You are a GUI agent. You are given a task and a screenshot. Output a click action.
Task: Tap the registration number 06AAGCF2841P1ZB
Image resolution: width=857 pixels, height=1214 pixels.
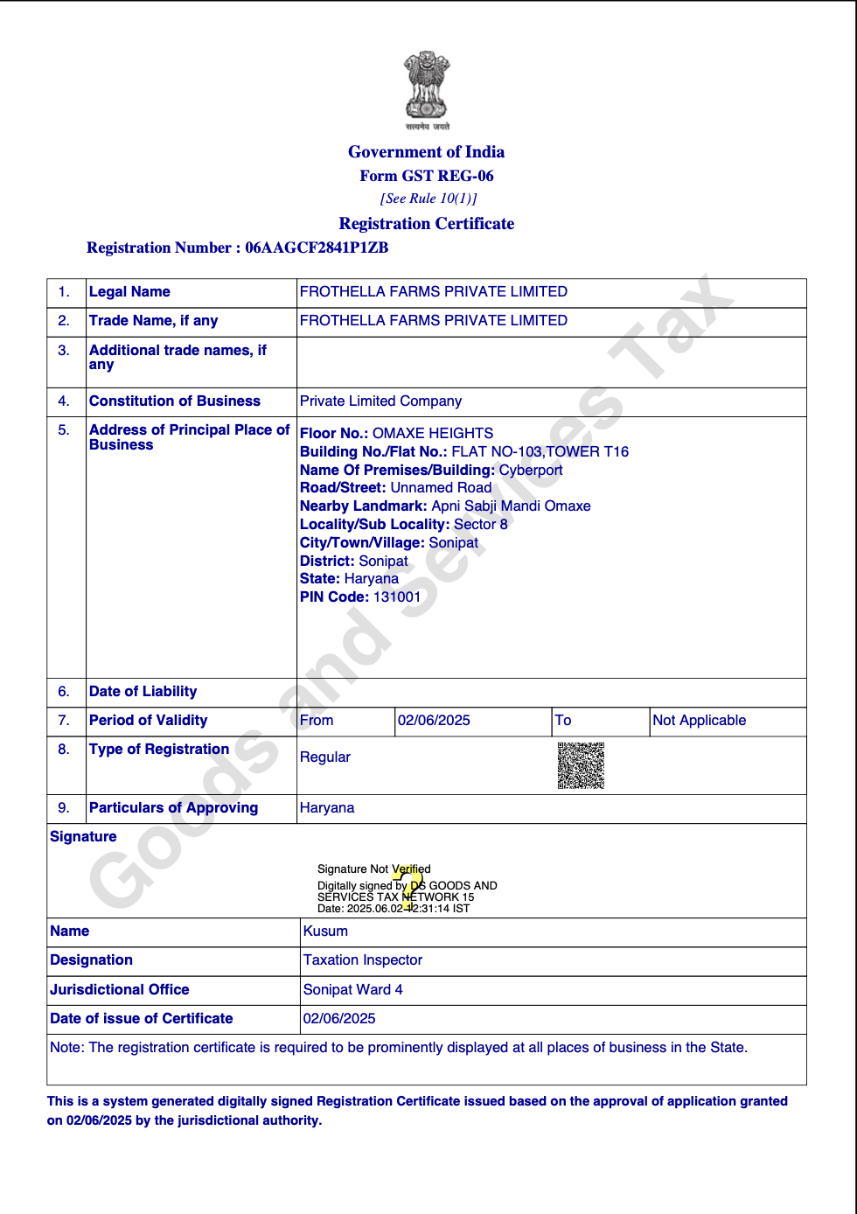[317, 248]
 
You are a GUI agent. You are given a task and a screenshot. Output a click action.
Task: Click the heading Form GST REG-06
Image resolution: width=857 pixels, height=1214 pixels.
[427, 176]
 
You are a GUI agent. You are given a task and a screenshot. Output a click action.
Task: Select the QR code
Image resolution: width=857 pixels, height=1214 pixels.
[581, 765]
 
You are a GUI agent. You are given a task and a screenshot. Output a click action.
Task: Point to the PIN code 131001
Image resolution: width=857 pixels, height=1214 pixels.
[397, 597]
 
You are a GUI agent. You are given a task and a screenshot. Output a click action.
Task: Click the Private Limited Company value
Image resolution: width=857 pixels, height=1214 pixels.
[380, 401]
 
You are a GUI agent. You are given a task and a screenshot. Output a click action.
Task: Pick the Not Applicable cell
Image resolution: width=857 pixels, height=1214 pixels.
[700, 720]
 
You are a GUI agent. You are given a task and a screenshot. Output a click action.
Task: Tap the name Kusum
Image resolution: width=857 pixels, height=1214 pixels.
[325, 931]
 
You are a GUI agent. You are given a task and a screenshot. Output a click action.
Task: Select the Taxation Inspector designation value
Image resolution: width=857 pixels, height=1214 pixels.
[363, 959]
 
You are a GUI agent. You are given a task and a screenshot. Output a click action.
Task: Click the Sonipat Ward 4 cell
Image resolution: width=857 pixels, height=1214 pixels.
[353, 989]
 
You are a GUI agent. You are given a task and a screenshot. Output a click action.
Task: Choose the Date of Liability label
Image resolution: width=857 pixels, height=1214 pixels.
[143, 691]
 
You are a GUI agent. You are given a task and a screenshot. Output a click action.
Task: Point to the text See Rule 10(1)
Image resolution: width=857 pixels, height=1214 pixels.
[428, 199]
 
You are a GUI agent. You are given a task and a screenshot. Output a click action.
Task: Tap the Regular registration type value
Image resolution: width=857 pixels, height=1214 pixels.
[325, 757]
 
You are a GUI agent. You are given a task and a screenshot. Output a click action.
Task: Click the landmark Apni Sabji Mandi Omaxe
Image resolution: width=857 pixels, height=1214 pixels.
[511, 506]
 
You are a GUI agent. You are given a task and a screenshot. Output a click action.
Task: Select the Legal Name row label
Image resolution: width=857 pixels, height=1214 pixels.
[129, 291]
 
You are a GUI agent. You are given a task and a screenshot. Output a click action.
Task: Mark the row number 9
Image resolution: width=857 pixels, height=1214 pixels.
[64, 807]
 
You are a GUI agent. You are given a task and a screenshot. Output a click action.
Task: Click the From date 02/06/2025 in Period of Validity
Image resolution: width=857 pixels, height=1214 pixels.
[434, 720]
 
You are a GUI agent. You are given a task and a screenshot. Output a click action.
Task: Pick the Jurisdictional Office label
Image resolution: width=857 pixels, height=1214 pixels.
[120, 989]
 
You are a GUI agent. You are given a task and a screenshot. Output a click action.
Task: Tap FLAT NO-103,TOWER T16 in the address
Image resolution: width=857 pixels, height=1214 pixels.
[540, 451]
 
